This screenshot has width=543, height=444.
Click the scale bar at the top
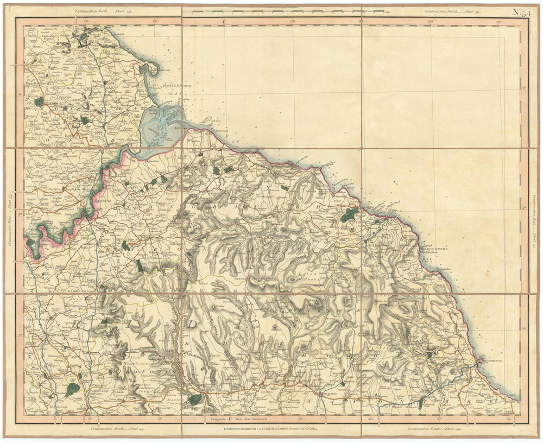click(x=282, y=10)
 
